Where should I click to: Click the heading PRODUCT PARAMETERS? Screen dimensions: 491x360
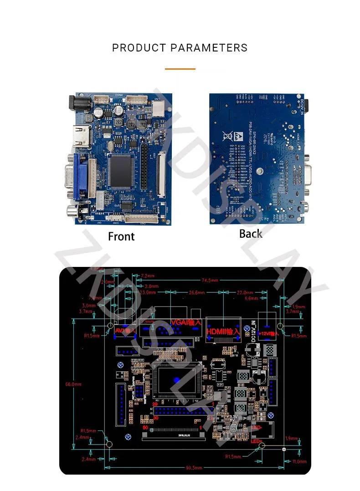180,48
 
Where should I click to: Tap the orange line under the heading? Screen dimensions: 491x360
180,69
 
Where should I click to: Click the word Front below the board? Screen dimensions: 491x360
121,236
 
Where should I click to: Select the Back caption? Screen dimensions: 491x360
251,234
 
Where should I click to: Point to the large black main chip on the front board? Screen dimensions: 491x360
122,170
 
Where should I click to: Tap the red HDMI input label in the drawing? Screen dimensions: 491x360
223,332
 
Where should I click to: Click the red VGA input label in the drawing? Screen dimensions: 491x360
185,322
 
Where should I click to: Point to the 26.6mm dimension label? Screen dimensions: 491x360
197,292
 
